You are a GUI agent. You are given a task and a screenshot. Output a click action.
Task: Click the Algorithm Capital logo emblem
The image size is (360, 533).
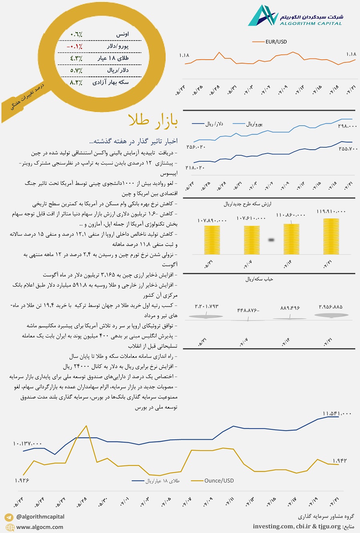tap(262, 16)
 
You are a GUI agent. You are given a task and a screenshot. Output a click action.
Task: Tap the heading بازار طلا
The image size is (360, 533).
tap(153, 120)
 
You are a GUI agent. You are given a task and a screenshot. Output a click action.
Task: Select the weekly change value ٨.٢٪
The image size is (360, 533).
tap(76, 82)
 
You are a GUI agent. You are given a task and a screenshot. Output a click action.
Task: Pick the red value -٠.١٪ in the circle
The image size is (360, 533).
tap(75, 46)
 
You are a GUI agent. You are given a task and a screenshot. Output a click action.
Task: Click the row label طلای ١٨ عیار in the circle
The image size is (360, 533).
tap(113, 58)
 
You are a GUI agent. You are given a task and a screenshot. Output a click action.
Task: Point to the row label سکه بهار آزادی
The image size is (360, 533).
tap(111, 82)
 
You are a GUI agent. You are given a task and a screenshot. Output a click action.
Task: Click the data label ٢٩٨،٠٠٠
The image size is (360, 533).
tap(347, 126)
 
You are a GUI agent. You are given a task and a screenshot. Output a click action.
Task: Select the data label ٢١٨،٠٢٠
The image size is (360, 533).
tap(195, 168)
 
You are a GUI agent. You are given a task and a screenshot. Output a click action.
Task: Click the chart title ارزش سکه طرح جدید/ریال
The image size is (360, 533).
tap(247, 204)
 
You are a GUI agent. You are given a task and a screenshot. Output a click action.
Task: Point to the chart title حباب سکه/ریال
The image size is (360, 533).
tap(259, 279)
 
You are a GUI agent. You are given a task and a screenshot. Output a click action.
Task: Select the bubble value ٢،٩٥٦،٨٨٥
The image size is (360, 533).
tap(330, 307)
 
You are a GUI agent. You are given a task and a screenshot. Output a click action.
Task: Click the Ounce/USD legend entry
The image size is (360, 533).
tap(219, 481)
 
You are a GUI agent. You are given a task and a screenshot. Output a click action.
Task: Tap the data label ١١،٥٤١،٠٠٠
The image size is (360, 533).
tap(337, 413)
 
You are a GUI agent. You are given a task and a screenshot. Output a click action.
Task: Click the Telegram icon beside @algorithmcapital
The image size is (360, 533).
tap(9, 517)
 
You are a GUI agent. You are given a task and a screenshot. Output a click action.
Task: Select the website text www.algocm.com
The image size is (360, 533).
tap(40, 527)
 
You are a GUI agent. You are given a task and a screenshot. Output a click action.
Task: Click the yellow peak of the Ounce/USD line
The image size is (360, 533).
tap(86, 426)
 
